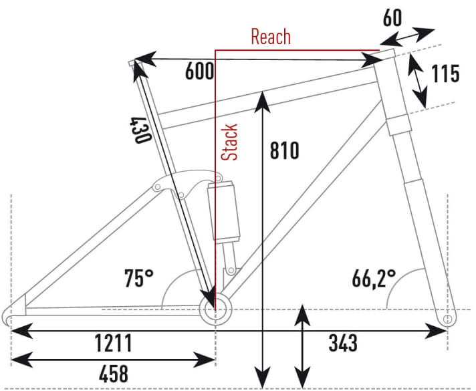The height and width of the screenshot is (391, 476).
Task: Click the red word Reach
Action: click(271, 37)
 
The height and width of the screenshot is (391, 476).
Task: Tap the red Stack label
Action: click(229, 142)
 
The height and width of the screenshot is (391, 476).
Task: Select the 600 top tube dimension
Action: click(199, 72)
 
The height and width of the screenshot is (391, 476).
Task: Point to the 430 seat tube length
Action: click(140, 130)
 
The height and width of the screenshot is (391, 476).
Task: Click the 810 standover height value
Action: click(284, 150)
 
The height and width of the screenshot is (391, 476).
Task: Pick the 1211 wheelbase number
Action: click(114, 343)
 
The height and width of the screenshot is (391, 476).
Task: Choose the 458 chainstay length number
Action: click(114, 374)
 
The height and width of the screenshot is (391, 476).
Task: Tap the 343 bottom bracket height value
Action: click(343, 343)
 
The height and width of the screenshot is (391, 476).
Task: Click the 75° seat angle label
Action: click(139, 278)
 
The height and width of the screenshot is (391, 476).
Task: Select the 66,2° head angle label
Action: click(374, 278)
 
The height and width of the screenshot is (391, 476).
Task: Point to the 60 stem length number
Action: click(392, 18)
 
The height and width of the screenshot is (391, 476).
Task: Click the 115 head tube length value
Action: click(445, 74)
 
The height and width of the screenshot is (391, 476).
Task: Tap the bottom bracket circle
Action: click(215, 309)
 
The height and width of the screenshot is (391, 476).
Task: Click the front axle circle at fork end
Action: click(447, 319)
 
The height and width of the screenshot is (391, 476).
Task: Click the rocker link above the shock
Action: click(188, 184)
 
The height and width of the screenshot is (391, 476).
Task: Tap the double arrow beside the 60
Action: click(408, 37)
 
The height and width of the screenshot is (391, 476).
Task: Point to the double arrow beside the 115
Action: click(418, 81)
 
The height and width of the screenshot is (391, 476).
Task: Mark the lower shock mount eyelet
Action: click(231, 270)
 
